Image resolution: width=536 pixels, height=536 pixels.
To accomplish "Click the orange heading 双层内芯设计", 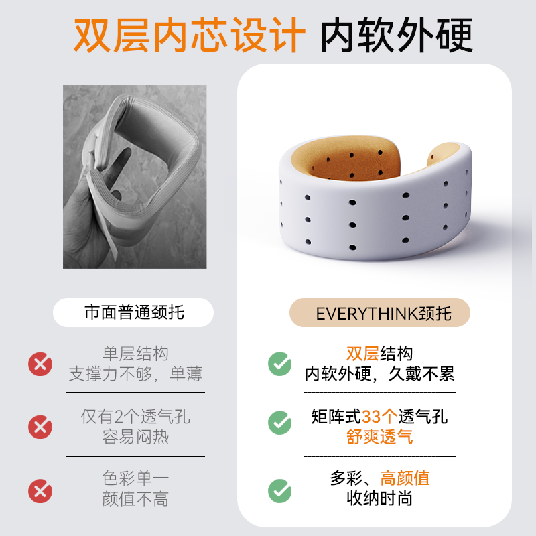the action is (190, 35).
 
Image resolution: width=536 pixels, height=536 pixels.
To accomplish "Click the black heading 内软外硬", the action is (397, 35).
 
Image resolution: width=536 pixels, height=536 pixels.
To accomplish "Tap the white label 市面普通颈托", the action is (133, 312).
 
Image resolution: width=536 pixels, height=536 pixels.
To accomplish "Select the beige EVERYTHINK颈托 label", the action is (380, 312).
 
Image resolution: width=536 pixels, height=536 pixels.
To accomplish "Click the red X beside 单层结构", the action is (40, 364).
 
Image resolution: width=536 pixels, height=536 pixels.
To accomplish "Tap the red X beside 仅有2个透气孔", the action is (40, 427).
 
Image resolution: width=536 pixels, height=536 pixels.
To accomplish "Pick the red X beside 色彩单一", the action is (40, 491).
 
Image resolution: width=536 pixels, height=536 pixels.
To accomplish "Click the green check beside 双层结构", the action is (280, 364).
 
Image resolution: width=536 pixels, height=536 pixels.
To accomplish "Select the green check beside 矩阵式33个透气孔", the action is (280, 423).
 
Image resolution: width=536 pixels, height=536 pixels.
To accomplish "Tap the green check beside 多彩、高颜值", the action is (280, 491).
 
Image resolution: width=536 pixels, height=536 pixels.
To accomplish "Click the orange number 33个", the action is (379, 417).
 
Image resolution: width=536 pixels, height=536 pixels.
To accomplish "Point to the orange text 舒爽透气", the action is (379, 437).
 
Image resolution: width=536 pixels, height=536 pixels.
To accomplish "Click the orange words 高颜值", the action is (405, 478).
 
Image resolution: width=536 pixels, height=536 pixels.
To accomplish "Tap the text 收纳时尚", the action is (379, 498).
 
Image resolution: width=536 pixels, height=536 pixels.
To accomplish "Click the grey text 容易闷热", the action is (135, 437).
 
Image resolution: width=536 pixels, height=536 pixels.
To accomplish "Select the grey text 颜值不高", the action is (135, 498).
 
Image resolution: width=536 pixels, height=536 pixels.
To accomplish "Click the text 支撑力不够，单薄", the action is (135, 374).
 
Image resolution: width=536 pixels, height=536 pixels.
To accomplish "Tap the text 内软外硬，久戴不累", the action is (379, 374).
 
